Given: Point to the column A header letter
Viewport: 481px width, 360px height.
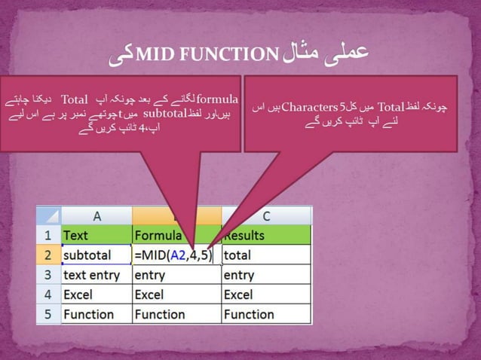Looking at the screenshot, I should pos(97,215).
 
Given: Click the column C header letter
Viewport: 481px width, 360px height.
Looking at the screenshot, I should pos(265,215).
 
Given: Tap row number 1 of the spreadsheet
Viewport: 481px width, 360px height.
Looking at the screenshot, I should pos(48,235).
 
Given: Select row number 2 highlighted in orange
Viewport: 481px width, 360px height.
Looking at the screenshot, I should pos(48,255).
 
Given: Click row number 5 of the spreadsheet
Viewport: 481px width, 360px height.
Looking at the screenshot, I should pos(48,314).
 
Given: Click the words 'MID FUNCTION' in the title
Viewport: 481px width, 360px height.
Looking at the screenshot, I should pos(210,53).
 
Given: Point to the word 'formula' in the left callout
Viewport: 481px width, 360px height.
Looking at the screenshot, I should pos(217,99).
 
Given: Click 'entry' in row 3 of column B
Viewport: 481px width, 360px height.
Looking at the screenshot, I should pos(150,275).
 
